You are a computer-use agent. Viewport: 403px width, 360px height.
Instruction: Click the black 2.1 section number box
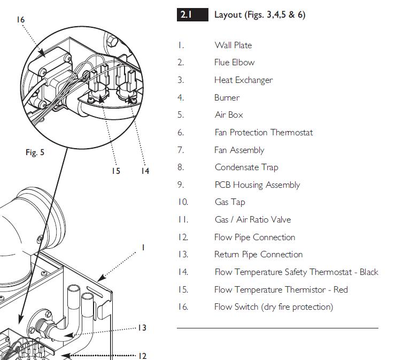(192, 14)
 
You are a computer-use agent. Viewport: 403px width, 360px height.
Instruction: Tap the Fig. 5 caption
(35, 152)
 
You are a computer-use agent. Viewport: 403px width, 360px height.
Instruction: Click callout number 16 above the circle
(20, 20)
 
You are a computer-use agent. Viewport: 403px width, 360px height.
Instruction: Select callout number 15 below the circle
(116, 171)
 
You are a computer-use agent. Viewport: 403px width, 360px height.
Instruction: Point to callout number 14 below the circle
(145, 171)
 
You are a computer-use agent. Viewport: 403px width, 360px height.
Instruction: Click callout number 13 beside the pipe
(142, 327)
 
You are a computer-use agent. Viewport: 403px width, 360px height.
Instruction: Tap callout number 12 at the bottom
(142, 356)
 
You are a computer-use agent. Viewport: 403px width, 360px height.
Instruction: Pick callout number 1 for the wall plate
(143, 248)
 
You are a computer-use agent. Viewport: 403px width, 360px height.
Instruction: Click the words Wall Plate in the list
(233, 45)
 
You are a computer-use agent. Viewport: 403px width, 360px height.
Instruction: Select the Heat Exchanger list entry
(243, 80)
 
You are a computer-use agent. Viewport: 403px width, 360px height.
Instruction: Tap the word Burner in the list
(227, 97)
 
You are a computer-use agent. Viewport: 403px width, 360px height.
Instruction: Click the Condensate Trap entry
(246, 167)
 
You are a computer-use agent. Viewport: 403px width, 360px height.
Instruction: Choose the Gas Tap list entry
(230, 202)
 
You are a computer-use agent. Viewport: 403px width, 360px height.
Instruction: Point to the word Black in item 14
(369, 272)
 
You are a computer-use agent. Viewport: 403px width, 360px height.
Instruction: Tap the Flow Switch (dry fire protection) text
(274, 307)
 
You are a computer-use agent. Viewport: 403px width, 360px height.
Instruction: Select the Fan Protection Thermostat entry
(263, 133)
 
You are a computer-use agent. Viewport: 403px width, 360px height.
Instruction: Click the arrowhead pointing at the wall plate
(102, 278)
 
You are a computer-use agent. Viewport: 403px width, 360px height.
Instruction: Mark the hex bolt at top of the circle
(112, 41)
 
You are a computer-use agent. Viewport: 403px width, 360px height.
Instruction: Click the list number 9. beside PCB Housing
(181, 185)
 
